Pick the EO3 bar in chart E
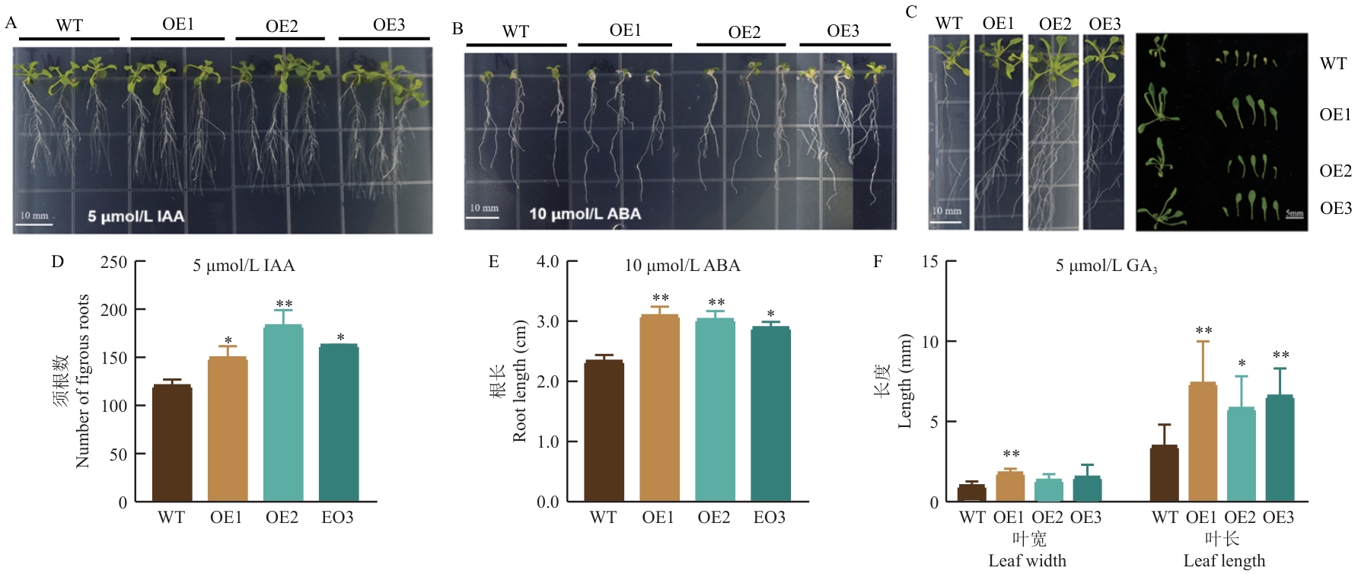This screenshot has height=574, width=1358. (x=770, y=414)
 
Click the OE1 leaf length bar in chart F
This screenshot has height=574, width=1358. (x=1203, y=442)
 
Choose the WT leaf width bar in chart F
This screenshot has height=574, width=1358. (x=971, y=493)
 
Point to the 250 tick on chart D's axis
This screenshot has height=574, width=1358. (x=114, y=262)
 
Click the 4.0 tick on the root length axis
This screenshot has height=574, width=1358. (x=547, y=262)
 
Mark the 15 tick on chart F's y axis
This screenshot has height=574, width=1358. (x=930, y=262)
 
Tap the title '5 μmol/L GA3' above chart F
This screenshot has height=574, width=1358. (x=1106, y=266)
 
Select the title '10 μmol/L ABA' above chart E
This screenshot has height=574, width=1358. (x=682, y=266)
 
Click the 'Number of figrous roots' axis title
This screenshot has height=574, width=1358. (x=82, y=381)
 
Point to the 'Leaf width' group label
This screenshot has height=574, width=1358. (x=1027, y=561)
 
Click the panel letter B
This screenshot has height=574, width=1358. (x=457, y=29)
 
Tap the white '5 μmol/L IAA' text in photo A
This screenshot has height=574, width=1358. (x=135, y=216)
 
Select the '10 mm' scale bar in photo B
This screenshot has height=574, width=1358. (x=483, y=211)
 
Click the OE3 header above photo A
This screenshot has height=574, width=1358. (x=388, y=25)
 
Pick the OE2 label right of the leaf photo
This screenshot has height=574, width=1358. (x=1335, y=171)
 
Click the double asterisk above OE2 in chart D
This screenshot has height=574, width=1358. (x=284, y=305)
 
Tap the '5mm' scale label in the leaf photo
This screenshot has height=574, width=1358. (x=1294, y=214)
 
